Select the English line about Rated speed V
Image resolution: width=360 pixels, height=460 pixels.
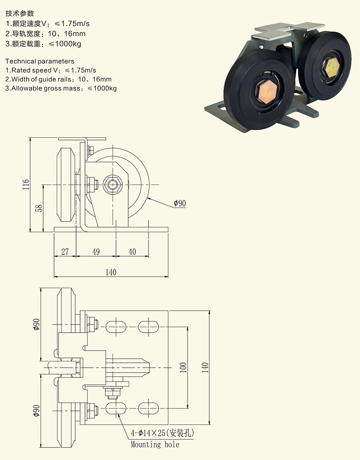[50, 70]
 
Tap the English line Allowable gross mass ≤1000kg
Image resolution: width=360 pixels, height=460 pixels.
[61, 88]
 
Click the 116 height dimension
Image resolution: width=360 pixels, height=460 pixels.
[26, 185]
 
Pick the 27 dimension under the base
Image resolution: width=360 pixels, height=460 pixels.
[65, 252]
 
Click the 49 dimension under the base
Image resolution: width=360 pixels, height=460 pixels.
[96, 252]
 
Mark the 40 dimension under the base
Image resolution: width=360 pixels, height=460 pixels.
[132, 252]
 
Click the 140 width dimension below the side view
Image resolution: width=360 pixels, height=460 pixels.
[111, 272]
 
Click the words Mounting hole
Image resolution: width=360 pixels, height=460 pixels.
[155, 445]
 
